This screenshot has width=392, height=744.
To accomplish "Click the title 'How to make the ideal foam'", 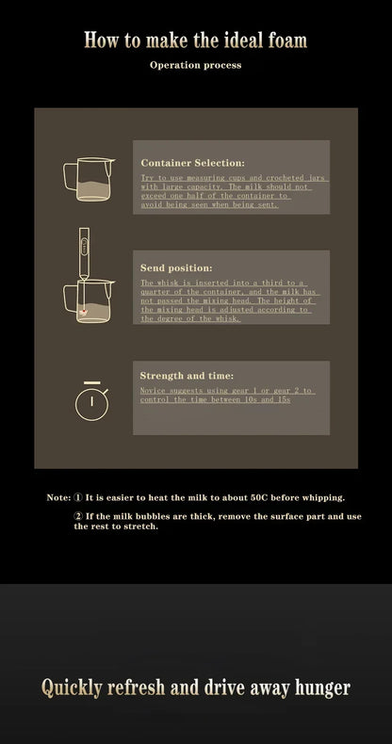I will pyautogui.click(x=195, y=40).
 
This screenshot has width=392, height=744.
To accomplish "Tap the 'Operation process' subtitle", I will pyautogui.click(x=195, y=65).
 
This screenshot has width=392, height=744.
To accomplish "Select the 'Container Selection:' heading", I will pyautogui.click(x=192, y=162).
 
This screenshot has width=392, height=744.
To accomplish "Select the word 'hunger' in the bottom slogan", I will pyautogui.click(x=318, y=688).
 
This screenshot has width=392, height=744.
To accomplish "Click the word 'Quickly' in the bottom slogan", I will pyautogui.click(x=72, y=688).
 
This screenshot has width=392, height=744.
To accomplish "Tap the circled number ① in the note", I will pyautogui.click(x=78, y=496).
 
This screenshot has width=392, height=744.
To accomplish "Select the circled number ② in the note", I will pyautogui.click(x=78, y=516).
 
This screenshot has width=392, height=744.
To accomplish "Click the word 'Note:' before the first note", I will pyautogui.click(x=58, y=496).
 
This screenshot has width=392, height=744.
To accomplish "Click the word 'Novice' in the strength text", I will pyautogui.click(x=154, y=390).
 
